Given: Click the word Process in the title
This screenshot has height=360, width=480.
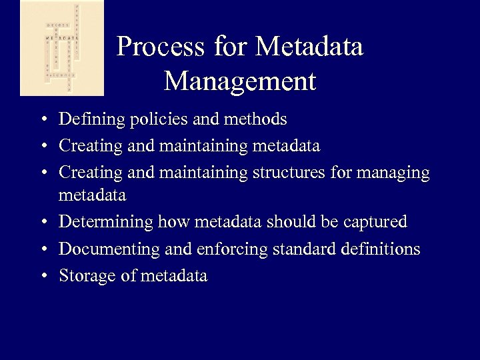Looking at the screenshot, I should click(x=160, y=47).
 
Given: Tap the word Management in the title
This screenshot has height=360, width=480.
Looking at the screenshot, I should click(x=239, y=81).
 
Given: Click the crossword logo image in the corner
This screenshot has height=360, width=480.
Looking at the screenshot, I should click(x=62, y=48).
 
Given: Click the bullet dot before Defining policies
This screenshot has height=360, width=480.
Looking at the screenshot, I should click(x=42, y=121).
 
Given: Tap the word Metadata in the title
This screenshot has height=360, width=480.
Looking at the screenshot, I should click(x=309, y=47).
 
